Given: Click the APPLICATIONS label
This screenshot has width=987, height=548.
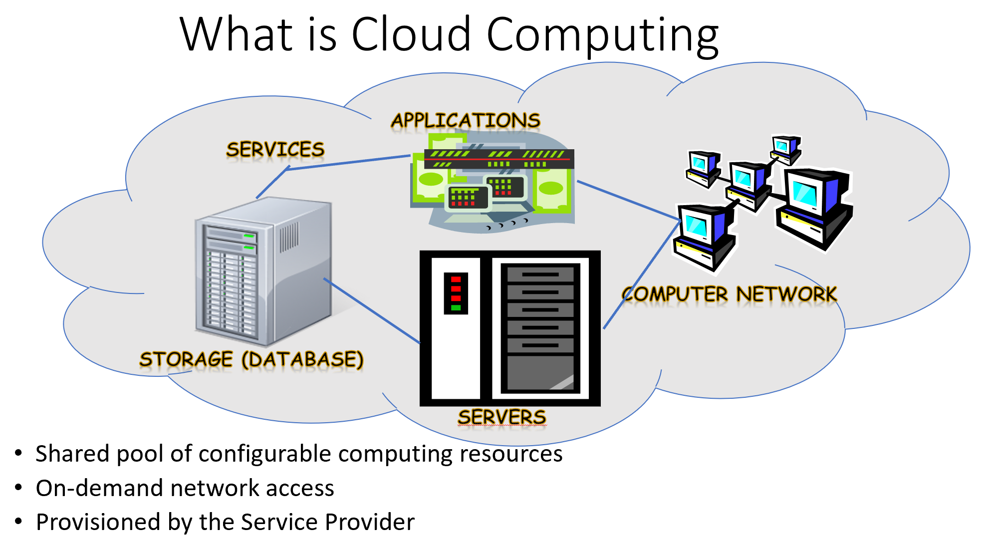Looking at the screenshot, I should click(466, 121).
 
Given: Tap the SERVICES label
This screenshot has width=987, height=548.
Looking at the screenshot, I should click(275, 150).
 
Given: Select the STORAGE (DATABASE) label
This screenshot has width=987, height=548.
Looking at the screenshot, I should click(251, 359).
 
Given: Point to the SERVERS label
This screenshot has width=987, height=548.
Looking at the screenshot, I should click(502, 417).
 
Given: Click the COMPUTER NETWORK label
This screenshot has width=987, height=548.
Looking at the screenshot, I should click(729, 294).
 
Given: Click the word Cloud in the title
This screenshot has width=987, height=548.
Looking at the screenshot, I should click(411, 35).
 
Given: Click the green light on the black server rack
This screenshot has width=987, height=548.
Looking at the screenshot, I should click(456, 308).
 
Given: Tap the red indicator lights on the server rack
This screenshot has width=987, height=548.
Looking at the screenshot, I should click(456, 288).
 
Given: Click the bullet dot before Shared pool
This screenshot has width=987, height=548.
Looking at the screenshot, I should click(19, 453).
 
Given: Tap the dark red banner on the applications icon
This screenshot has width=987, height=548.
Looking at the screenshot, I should click(499, 159).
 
